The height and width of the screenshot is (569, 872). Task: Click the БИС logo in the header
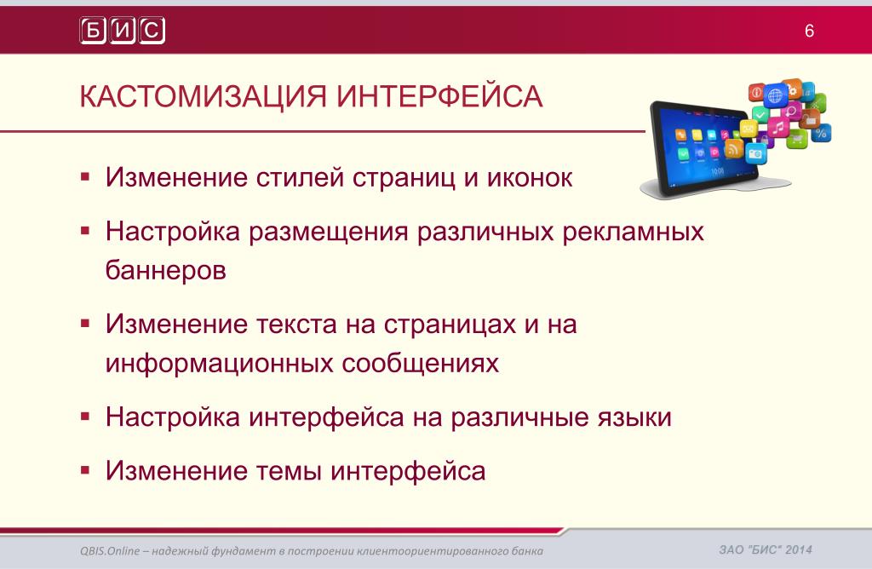pyautogui.click(x=123, y=30)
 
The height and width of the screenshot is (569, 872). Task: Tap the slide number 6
pyautogui.click(x=809, y=31)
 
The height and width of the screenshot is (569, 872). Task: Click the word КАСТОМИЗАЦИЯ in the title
pyautogui.click(x=203, y=97)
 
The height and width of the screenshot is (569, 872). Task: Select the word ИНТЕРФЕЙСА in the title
pyautogui.click(x=439, y=97)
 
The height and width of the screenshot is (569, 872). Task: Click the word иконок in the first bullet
pyautogui.click(x=530, y=177)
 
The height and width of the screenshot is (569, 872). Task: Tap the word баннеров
pyautogui.click(x=166, y=270)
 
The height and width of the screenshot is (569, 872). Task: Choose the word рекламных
pyautogui.click(x=633, y=232)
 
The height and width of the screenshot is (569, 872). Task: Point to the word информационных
pyautogui.click(x=219, y=363)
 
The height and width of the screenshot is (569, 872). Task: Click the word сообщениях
pyautogui.click(x=421, y=363)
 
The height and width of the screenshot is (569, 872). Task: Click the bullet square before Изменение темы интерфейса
pyautogui.click(x=85, y=470)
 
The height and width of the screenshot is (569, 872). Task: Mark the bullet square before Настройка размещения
pyautogui.click(x=85, y=231)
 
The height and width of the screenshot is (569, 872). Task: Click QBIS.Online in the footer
pyautogui.click(x=110, y=550)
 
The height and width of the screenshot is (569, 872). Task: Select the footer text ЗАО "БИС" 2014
pyautogui.click(x=766, y=549)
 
